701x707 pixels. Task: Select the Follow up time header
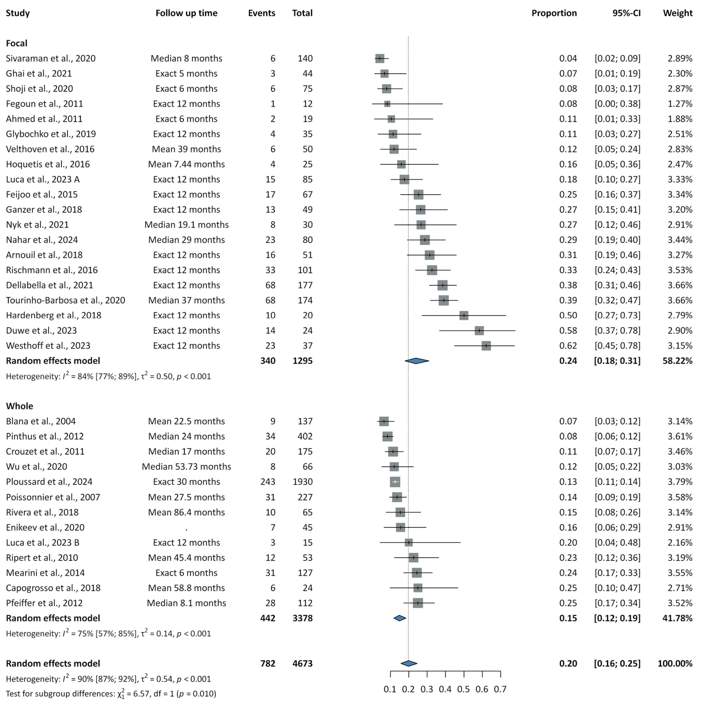coord(186,13)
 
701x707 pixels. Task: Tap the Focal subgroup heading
coord(17,43)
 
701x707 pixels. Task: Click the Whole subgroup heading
coord(19,406)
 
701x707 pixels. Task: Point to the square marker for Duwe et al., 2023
coord(479,331)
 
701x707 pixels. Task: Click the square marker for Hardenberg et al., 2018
coord(464,315)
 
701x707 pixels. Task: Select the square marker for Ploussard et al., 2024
coord(395,482)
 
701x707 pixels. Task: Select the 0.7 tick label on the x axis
coord(500,689)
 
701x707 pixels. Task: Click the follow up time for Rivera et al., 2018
coord(186,512)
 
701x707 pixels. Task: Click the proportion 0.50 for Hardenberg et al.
coord(568,315)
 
